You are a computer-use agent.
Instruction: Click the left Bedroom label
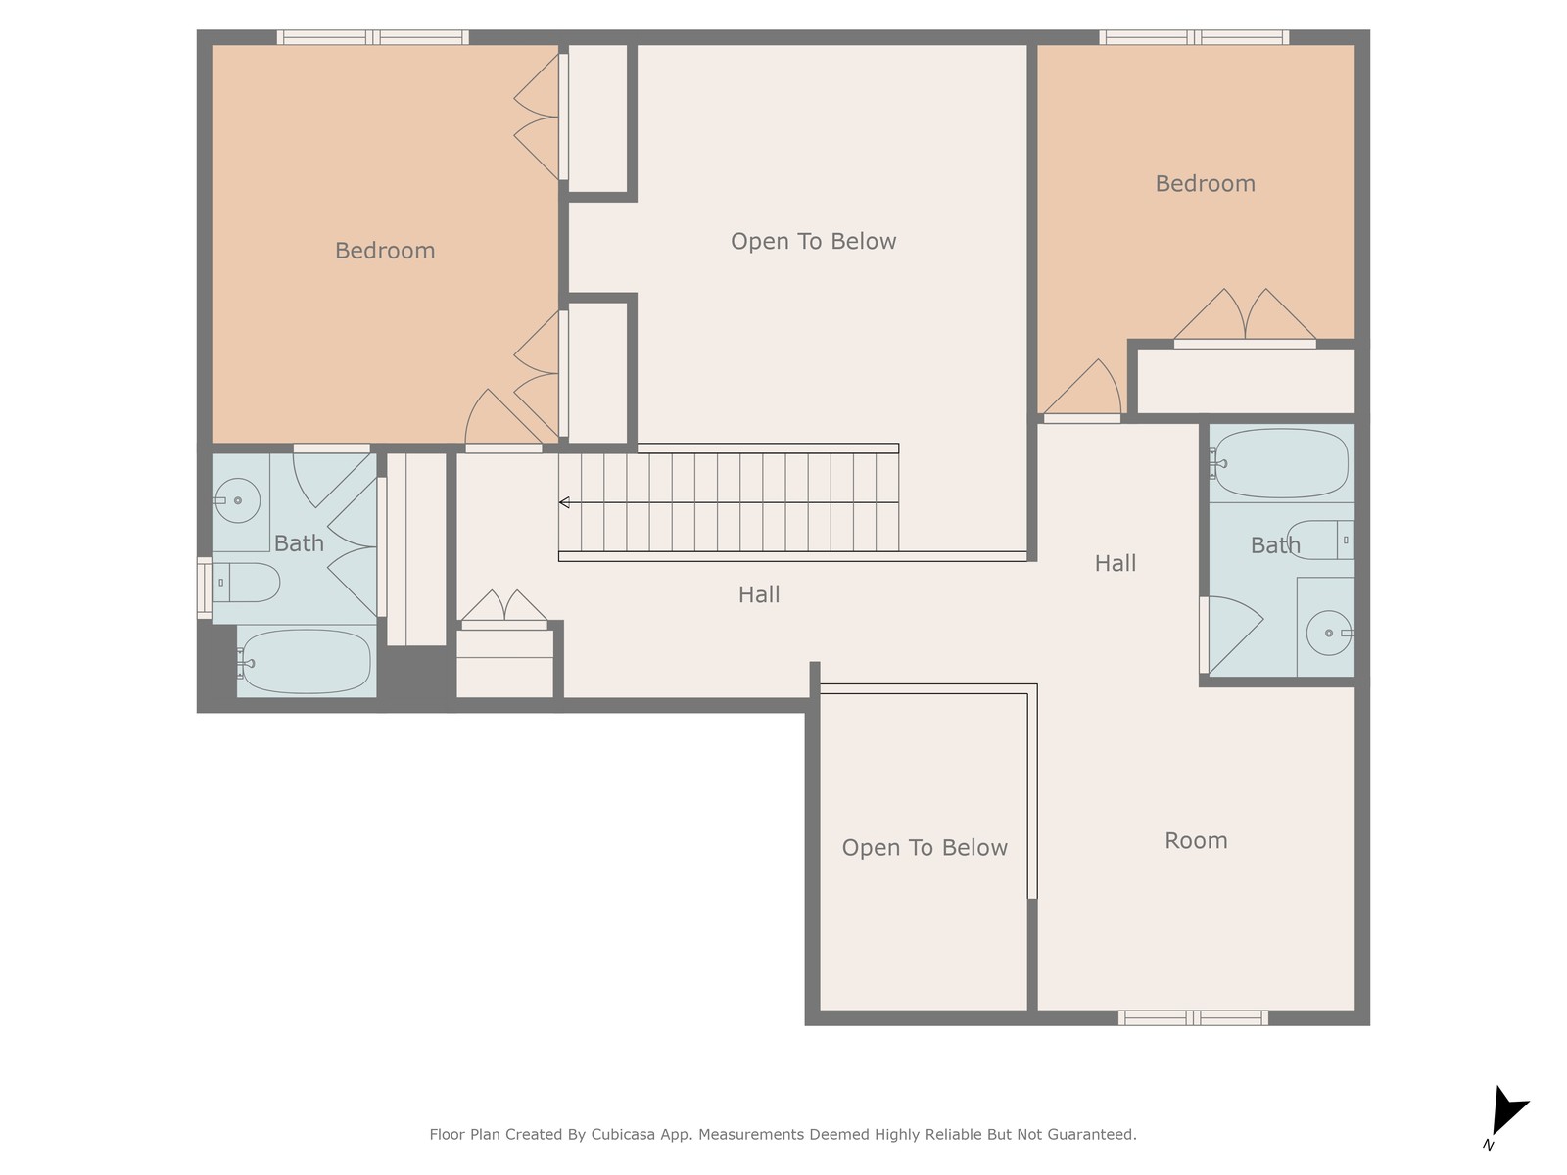point(385,251)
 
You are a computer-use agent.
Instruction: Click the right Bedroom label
point(1205,183)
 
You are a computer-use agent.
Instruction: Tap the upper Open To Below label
point(813,241)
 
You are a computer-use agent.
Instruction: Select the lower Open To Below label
point(925,847)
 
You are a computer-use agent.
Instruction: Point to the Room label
point(1196,840)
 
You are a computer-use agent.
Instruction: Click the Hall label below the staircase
point(759,594)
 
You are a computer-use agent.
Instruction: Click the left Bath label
point(299,543)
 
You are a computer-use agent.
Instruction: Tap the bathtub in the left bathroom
point(306,661)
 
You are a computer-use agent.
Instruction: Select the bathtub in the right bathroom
point(1281,463)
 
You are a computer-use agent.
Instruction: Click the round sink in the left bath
point(237,500)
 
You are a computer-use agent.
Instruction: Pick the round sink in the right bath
point(1329,633)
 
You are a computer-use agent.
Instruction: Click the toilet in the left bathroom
point(246,583)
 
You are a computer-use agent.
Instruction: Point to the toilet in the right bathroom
point(1321,540)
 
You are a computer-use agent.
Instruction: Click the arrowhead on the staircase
point(564,502)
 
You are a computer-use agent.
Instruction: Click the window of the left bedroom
point(373,38)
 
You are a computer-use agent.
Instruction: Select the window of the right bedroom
point(1194,38)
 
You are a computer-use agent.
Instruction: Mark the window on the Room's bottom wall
point(1193,1018)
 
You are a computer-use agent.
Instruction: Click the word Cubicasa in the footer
point(623,1134)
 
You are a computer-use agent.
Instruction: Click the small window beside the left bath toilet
point(204,588)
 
